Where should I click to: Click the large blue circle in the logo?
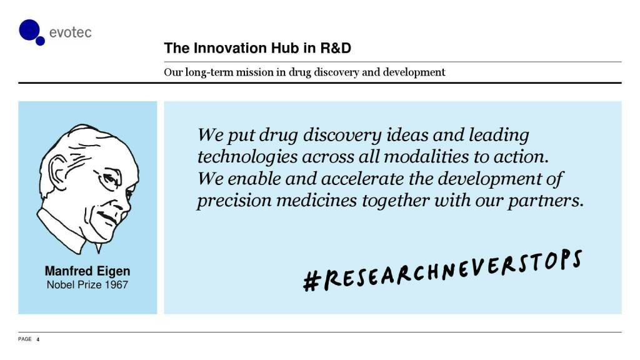tap(29, 30)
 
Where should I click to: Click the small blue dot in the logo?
tap(40, 41)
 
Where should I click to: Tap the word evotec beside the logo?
tap(70, 32)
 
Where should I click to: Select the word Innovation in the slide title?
tap(232, 48)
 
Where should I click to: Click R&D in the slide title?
tap(336, 48)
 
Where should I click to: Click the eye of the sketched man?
tap(109, 178)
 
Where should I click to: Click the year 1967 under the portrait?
tap(116, 285)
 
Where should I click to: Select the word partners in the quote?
tap(545, 201)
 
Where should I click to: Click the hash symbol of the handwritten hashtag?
tap(311, 281)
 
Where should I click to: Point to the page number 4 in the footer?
tap(38, 339)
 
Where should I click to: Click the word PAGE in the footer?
tap(25, 339)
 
